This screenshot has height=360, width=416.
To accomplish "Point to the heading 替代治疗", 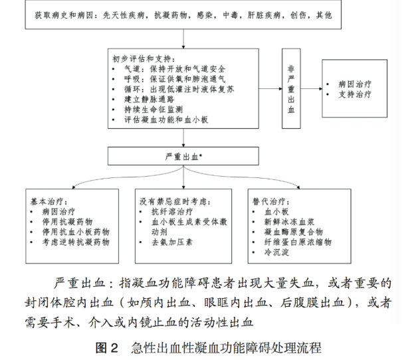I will click(269, 200).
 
